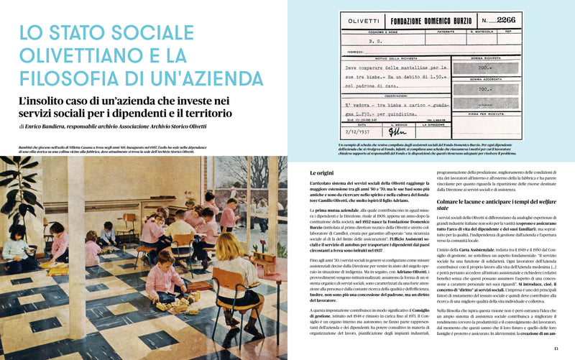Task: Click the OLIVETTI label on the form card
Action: pos(365,22)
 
